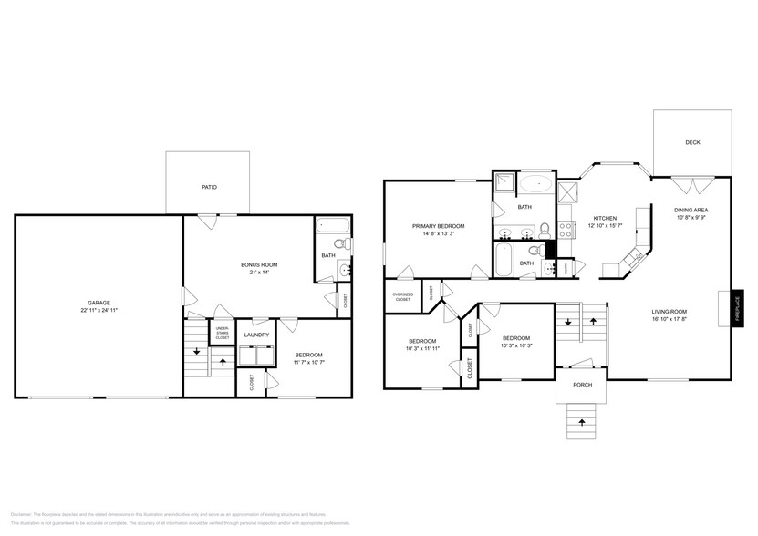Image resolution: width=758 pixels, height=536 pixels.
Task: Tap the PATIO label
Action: [209, 187]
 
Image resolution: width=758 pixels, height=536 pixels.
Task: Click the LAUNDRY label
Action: [255, 335]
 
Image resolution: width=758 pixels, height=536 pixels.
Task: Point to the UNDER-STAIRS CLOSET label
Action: [223, 335]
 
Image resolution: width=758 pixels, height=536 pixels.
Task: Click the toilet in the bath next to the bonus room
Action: [340, 243]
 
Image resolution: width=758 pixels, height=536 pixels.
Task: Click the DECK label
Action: [692, 142]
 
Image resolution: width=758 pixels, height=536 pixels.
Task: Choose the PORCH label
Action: [582, 385]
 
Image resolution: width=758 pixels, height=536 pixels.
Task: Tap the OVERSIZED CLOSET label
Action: [401, 296]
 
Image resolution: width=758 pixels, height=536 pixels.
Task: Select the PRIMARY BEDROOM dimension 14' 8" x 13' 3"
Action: [438, 234]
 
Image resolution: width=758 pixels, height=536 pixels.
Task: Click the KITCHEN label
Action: [606, 218]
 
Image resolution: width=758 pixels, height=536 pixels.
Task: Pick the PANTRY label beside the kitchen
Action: [565, 269]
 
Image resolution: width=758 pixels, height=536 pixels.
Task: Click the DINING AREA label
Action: [692, 210]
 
